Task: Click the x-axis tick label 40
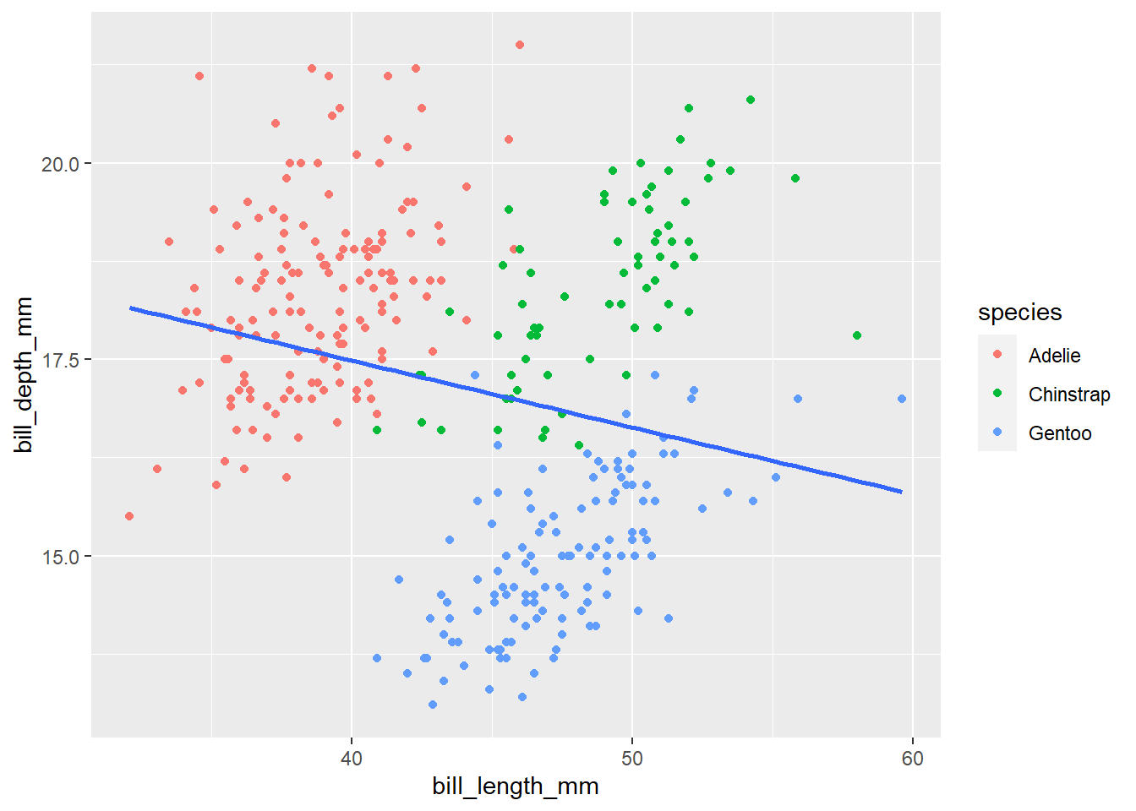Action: pyautogui.click(x=351, y=758)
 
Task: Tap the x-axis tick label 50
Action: pyautogui.click(x=631, y=758)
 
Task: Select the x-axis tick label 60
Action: pyautogui.click(x=913, y=758)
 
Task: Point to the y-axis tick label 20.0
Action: pyautogui.click(x=60, y=164)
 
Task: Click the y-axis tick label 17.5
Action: pyautogui.click(x=60, y=361)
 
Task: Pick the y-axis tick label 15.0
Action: pyautogui.click(x=60, y=557)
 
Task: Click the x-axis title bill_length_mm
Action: pyautogui.click(x=516, y=787)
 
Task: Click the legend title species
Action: pyautogui.click(x=1019, y=313)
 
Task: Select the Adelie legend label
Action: pyautogui.click(x=1054, y=356)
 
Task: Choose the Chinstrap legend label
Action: pyautogui.click(x=1069, y=395)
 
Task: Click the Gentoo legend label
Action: pyautogui.click(x=1060, y=433)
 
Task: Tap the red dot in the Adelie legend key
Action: pyautogui.click(x=997, y=355)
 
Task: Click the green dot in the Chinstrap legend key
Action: pyautogui.click(x=997, y=394)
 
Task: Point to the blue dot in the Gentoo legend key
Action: pyautogui.click(x=997, y=433)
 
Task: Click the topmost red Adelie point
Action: pyautogui.click(x=520, y=45)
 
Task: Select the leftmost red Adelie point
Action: pyautogui.click(x=129, y=516)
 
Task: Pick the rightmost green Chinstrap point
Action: pyautogui.click(x=857, y=335)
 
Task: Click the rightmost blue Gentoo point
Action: pyautogui.click(x=902, y=399)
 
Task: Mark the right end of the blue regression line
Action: pyautogui.click(x=901, y=492)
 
